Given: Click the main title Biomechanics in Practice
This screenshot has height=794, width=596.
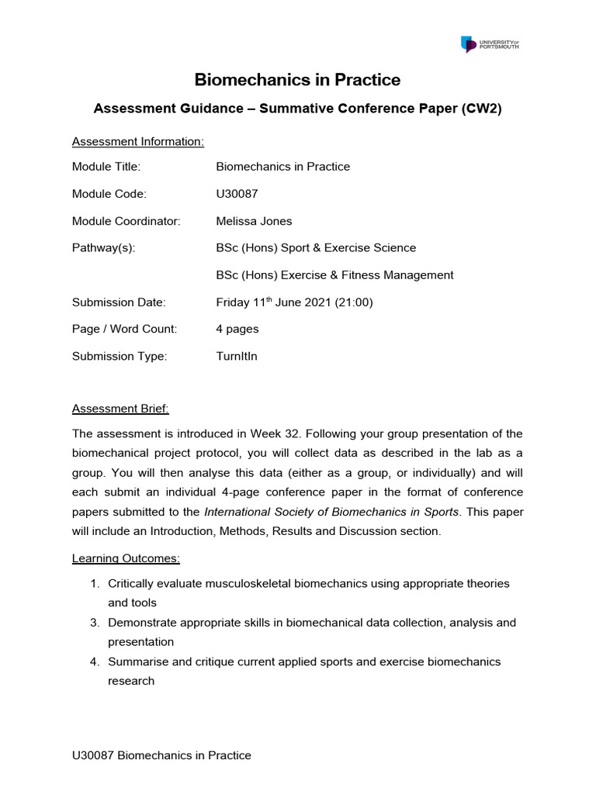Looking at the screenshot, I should click(297, 80).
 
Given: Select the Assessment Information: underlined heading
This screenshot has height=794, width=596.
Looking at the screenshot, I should click(138, 141).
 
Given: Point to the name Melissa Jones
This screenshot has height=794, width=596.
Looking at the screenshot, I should click(254, 221).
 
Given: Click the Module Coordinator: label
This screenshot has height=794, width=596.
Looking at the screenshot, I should click(126, 221).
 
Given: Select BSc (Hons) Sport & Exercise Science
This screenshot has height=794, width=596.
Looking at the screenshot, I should click(316, 248).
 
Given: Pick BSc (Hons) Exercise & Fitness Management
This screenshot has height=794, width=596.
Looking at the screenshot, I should click(334, 275).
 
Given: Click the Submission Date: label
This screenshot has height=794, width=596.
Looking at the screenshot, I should click(119, 302).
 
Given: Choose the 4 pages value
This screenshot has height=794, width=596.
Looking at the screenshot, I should click(237, 330).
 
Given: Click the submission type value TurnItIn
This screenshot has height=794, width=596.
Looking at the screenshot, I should click(237, 357).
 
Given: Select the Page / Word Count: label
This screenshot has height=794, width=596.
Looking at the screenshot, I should click(124, 330).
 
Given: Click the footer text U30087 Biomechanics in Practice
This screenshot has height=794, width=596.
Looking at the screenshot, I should click(161, 755).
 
